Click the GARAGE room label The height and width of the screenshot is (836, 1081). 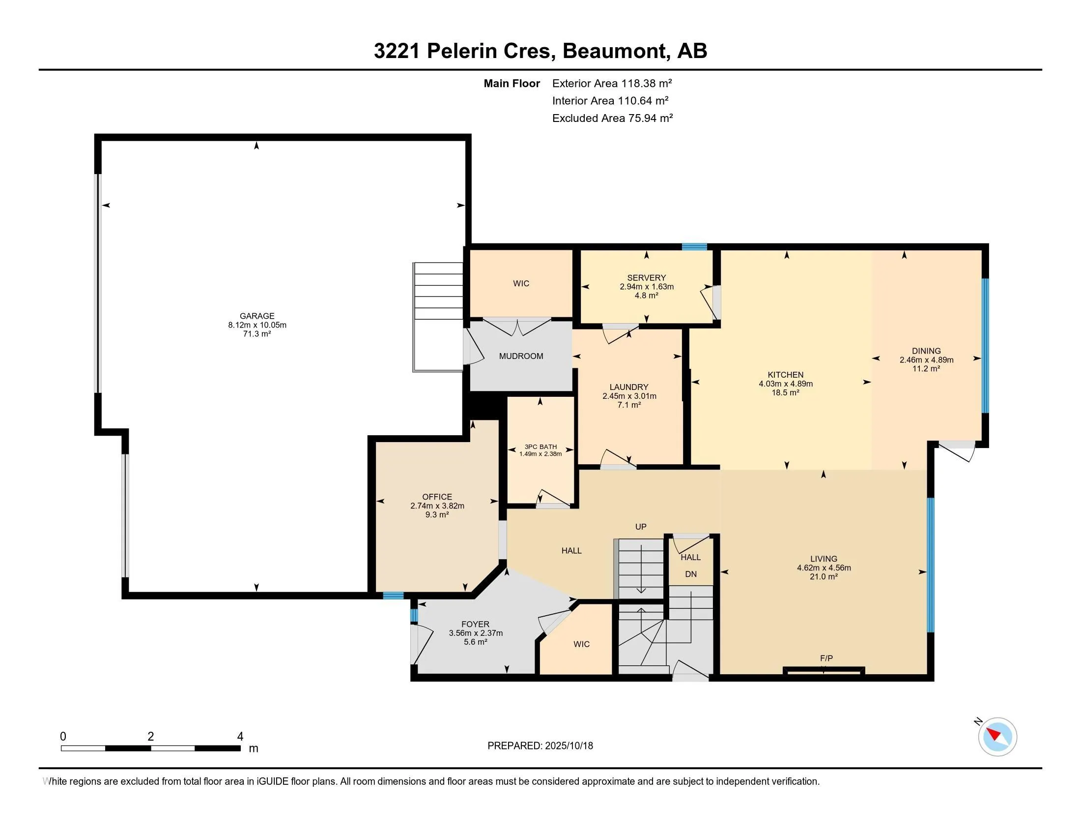point(257,316)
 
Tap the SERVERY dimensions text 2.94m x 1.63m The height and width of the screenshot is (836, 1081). point(647,287)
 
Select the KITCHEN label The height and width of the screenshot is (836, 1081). point(786,375)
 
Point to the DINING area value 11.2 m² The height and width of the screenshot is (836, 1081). point(926,368)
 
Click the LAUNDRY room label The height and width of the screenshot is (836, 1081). point(628,387)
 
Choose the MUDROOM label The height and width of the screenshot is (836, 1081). point(521,356)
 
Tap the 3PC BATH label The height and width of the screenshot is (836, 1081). point(540,446)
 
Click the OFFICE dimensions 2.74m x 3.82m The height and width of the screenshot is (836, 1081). point(437,506)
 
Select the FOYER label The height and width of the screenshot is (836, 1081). point(475,624)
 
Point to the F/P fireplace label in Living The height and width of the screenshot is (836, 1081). point(826,658)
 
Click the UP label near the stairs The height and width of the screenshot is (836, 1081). point(640,527)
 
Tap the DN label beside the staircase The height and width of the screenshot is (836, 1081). point(690,574)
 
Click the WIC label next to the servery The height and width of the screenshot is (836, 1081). point(521,283)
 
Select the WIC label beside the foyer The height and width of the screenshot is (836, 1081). point(581,644)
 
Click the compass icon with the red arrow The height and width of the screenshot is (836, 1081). point(997,737)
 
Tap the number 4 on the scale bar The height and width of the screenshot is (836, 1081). point(240,737)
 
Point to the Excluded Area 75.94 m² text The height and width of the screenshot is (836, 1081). point(612,118)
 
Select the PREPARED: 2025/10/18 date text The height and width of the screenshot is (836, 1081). point(540,746)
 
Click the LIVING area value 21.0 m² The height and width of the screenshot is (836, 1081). point(824,576)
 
